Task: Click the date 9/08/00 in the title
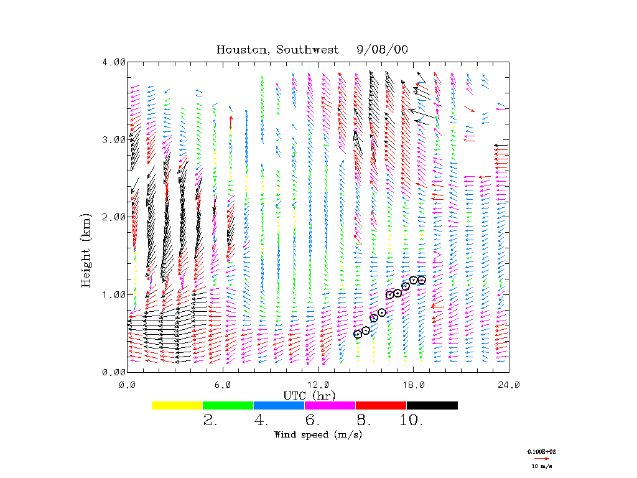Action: click(383, 50)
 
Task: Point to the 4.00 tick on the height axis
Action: click(114, 62)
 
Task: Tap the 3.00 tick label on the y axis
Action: click(114, 139)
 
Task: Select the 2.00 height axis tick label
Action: click(114, 217)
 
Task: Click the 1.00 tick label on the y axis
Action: click(114, 294)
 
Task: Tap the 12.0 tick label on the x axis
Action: click(318, 385)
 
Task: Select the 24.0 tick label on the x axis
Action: click(508, 385)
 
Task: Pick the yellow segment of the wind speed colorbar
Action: click(177, 405)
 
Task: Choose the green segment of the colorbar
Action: click(228, 405)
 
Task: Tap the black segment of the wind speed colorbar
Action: click(432, 405)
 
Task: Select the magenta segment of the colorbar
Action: click(330, 405)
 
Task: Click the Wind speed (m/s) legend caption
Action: click(318, 434)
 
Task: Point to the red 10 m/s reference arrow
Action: click(542, 458)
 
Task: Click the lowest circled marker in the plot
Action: click(358, 334)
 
